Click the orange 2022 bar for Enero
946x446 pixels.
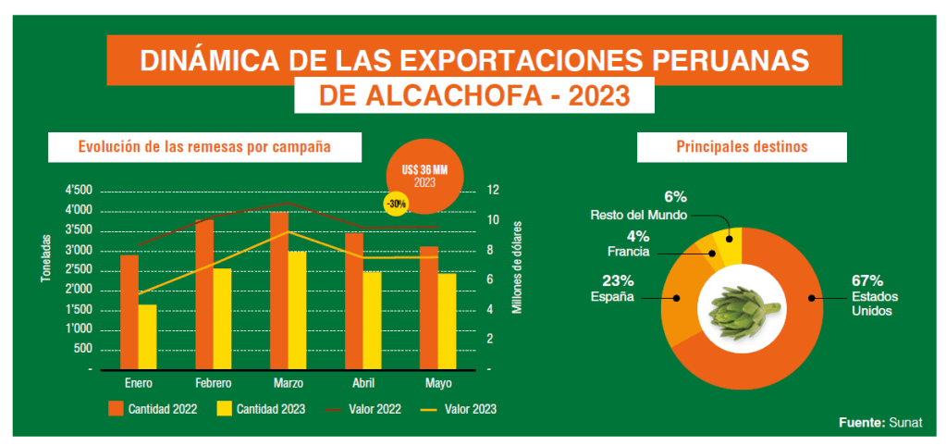coord(129,312)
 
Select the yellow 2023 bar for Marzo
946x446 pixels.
coord(296,310)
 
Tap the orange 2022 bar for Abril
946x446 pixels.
coord(353,301)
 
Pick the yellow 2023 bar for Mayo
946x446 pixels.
coord(447,321)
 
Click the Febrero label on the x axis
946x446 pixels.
coord(213,383)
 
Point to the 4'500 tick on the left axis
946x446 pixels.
coord(79,191)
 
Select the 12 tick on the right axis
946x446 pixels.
coord(493,191)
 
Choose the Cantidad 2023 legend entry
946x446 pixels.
coord(264,408)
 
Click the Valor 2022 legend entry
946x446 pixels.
coord(365,408)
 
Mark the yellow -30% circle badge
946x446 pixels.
coord(395,203)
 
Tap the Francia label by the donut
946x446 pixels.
coord(628,251)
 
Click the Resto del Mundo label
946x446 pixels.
coord(638,215)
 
